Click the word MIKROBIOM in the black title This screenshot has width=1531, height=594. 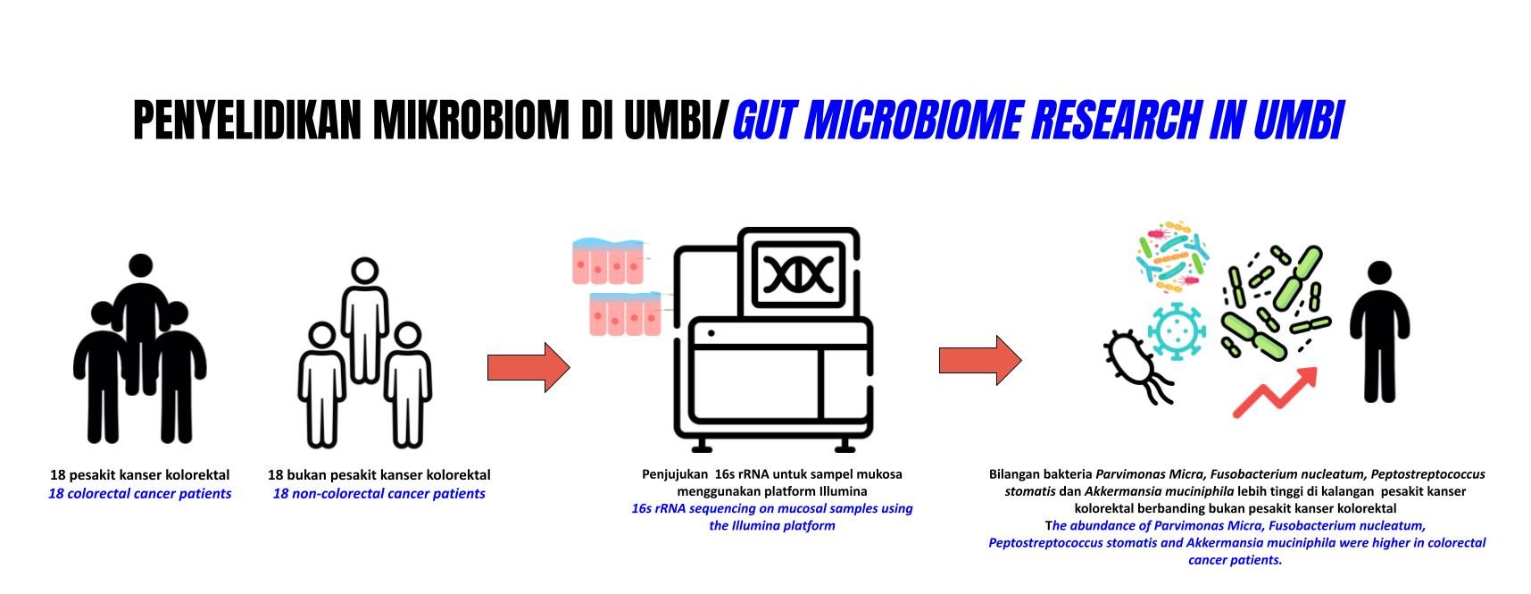tap(470, 121)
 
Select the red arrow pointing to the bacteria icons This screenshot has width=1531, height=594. tap(979, 361)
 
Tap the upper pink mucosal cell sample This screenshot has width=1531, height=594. tap(608, 261)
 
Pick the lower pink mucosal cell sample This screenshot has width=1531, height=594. tap(625, 314)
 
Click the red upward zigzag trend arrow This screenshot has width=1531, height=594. tap(1275, 393)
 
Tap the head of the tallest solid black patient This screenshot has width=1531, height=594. tap(140, 267)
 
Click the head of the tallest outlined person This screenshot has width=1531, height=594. tap(364, 272)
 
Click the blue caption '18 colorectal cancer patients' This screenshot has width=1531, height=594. tap(139, 494)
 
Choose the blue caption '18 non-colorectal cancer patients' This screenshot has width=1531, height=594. tap(379, 494)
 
